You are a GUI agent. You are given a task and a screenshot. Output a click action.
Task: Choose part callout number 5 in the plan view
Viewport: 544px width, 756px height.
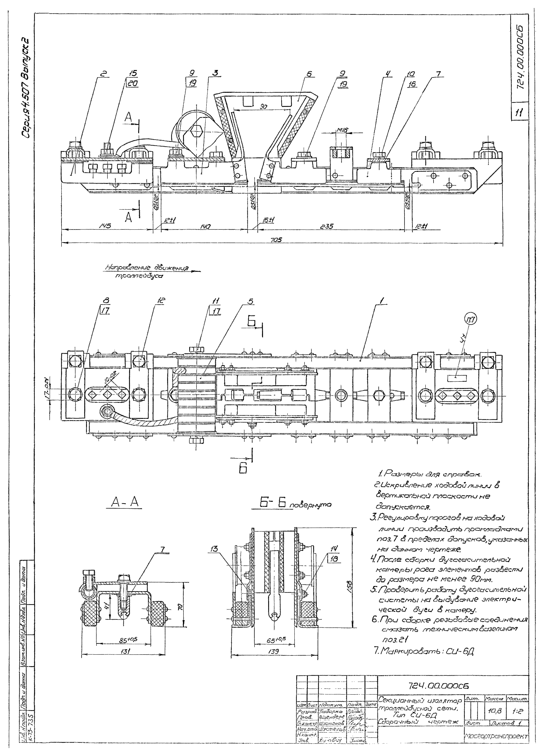[x=250, y=301]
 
